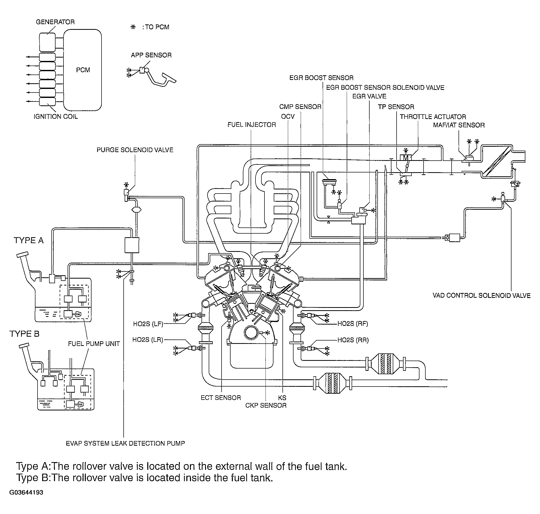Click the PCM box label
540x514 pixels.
tap(83, 70)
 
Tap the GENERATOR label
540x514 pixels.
tap(55, 22)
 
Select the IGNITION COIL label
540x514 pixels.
tap(56, 116)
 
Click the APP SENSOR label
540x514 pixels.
tap(151, 55)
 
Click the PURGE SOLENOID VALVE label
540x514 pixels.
tap(135, 150)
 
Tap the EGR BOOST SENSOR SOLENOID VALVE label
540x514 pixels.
tap(385, 88)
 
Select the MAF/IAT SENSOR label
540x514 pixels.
tap(459, 125)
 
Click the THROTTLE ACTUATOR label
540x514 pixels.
tap(433, 117)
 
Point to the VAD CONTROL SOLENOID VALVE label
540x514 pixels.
tap(482, 296)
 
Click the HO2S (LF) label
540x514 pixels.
tap(148, 324)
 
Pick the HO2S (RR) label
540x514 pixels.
tap(353, 340)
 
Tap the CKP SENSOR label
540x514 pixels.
tap(266, 406)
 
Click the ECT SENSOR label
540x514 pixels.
tap(221, 398)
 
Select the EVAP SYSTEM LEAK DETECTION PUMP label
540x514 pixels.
tap(125, 444)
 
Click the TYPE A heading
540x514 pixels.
tap(29, 241)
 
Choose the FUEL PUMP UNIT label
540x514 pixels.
tap(94, 344)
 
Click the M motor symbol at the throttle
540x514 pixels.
tap(406, 158)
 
